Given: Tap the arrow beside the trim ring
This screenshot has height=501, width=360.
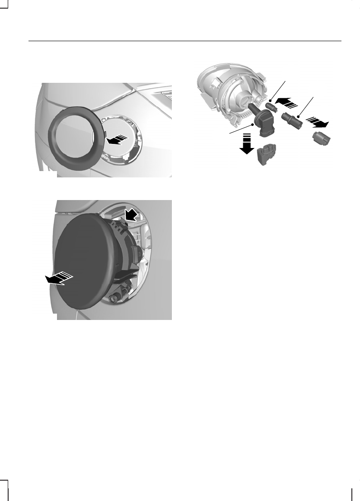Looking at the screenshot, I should pyautogui.click(x=116, y=140).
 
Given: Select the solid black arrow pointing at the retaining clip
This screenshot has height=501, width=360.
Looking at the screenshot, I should pyautogui.click(x=132, y=213).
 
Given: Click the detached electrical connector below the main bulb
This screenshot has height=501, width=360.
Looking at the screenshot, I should pyautogui.click(x=267, y=157).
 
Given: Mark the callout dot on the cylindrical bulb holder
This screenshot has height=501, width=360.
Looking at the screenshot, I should pyautogui.click(x=298, y=116).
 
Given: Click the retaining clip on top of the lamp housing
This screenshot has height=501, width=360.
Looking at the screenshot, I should pyautogui.click(x=125, y=222).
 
